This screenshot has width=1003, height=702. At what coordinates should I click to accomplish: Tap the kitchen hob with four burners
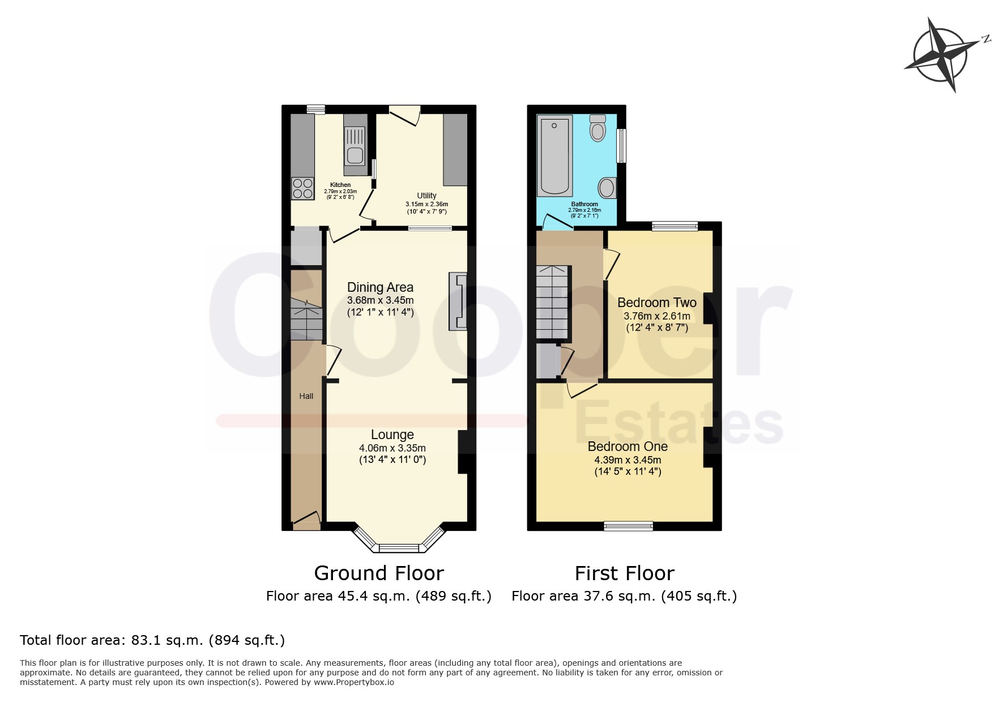(303, 188)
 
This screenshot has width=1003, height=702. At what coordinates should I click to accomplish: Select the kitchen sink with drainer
(355, 145)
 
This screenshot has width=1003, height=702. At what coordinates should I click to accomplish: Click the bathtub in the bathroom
(555, 155)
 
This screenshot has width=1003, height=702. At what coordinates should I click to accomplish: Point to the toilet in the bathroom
(597, 127)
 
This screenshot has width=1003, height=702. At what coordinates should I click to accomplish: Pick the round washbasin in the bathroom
(607, 188)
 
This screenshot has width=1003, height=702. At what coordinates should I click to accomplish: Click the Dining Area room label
(380, 287)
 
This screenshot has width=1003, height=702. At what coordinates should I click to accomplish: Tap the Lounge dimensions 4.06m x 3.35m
(392, 448)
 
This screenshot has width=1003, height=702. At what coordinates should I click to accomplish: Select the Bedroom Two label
(657, 303)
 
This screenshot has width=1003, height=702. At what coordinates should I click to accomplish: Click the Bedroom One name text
(628, 446)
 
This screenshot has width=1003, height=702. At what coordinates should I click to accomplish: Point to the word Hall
(306, 396)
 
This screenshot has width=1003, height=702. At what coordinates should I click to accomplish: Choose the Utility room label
(426, 195)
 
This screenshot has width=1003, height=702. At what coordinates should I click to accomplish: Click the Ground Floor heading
(379, 573)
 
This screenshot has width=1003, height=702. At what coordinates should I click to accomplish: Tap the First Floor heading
(625, 573)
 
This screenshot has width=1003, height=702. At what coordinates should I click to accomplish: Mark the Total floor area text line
(152, 640)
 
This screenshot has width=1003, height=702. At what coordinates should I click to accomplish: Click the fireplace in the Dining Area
(458, 301)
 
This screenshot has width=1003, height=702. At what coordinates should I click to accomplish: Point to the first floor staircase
(553, 302)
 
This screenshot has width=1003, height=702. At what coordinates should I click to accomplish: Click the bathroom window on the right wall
(622, 146)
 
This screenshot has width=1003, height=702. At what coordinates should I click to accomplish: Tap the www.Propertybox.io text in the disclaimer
(354, 682)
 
